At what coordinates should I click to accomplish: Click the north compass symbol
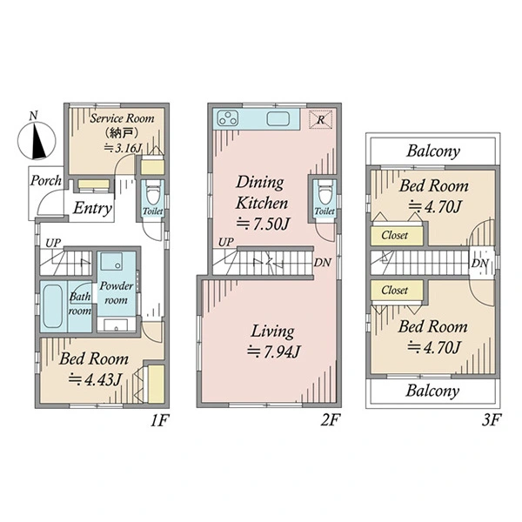click(x=37, y=140)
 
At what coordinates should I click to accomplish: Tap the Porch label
click(x=46, y=180)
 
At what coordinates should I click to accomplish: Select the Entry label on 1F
click(x=92, y=209)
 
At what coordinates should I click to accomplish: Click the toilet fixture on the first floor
click(x=153, y=193)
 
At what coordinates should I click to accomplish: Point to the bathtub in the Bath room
click(x=52, y=306)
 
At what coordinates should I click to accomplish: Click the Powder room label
click(x=117, y=292)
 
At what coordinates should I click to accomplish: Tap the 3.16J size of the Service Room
click(x=124, y=148)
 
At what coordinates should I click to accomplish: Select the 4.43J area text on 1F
click(x=95, y=378)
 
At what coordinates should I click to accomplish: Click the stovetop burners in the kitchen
click(x=228, y=118)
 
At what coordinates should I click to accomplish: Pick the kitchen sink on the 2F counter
click(x=278, y=119)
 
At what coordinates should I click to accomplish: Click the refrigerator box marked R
click(x=320, y=119)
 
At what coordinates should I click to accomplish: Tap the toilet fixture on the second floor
click(x=325, y=193)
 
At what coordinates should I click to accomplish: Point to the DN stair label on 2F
click(x=322, y=263)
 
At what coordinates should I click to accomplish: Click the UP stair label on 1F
click(x=53, y=243)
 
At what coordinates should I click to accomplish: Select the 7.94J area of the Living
click(x=274, y=351)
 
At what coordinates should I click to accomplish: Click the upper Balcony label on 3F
click(x=433, y=151)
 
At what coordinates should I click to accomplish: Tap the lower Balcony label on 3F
click(x=432, y=391)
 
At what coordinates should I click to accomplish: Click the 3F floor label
click(x=491, y=420)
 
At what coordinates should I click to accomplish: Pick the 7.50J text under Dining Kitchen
click(x=263, y=224)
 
